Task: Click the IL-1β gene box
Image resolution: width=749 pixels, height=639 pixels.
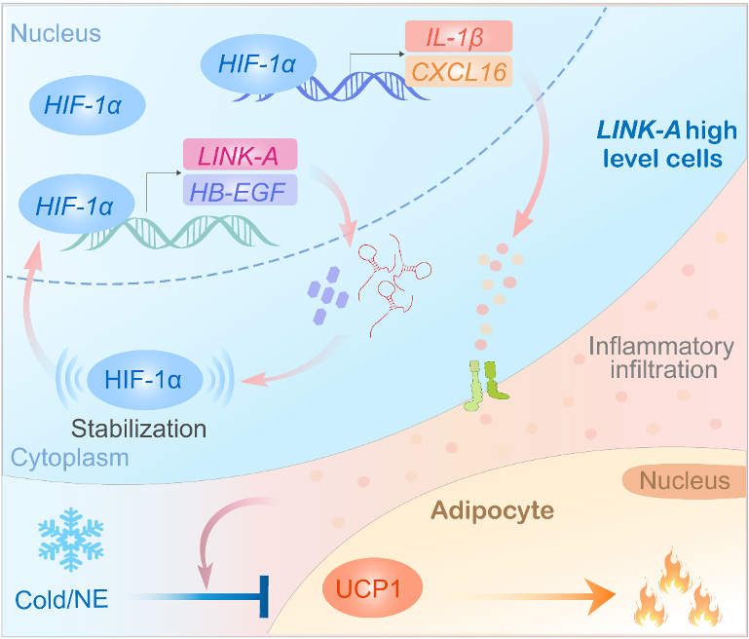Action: coord(458,37)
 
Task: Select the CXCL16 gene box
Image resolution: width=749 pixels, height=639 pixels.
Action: coord(458,71)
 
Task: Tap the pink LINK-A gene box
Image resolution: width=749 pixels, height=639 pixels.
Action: coord(240,155)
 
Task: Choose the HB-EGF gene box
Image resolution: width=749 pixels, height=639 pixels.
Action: coord(240,190)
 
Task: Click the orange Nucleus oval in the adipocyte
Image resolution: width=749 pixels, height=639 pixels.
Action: coord(685,480)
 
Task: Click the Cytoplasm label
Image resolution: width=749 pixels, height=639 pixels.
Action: coord(56,458)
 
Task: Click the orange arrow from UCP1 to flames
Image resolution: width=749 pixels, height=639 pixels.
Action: coord(530,590)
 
